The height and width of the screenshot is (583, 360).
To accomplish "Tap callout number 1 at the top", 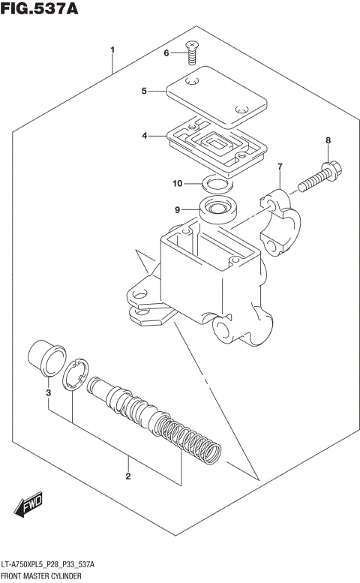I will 112,50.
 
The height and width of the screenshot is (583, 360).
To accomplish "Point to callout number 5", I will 143,92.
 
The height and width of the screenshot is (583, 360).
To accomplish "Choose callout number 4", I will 143,136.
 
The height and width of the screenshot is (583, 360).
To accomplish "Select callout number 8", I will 327,140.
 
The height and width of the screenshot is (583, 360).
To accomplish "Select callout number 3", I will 47,393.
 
